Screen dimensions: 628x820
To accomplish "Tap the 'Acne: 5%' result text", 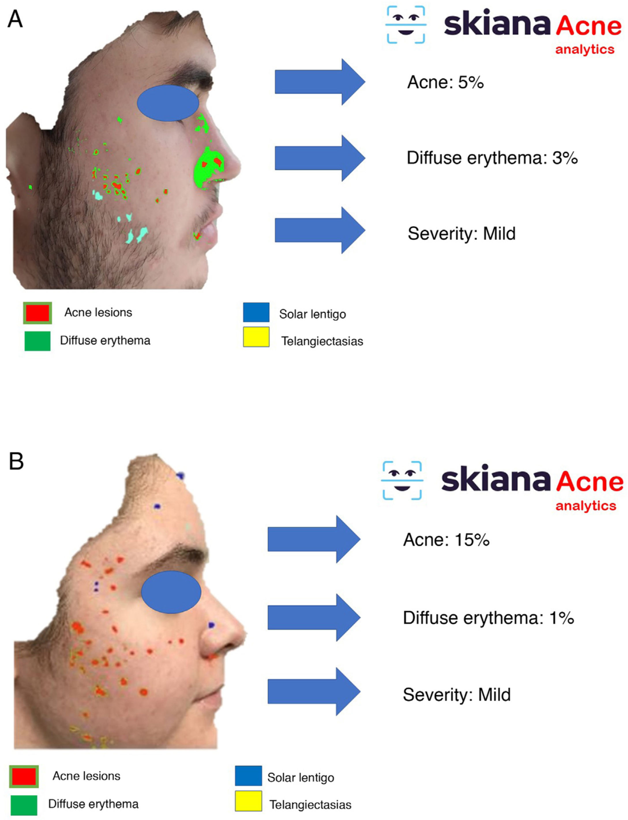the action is point(445,82).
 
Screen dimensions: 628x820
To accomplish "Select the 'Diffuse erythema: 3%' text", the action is point(492,158).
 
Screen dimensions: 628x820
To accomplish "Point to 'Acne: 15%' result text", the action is point(446,540).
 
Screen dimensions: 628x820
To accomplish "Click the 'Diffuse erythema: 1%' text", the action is point(488,618).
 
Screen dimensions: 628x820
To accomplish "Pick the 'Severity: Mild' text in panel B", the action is point(456,695).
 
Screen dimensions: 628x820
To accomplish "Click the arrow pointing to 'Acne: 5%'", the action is point(320,82).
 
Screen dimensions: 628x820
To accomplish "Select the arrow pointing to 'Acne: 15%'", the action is point(314,539).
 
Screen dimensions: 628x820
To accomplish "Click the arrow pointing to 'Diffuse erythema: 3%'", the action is point(320,158).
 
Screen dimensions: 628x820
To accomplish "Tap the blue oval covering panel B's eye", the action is point(171,592).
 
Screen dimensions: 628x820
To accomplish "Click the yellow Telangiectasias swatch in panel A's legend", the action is point(256,337).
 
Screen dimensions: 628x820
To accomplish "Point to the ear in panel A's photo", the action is point(20,164).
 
